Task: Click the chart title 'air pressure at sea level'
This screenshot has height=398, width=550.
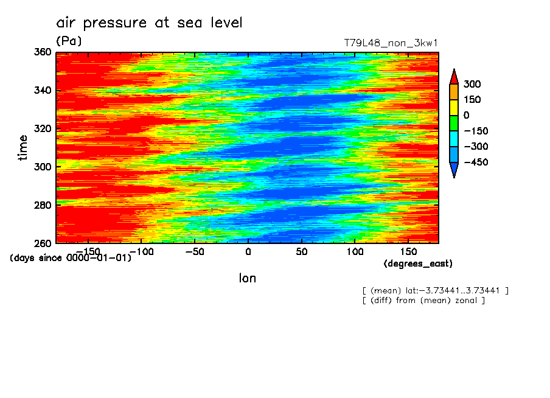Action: tap(149, 23)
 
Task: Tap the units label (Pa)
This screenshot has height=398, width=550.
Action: tap(69, 41)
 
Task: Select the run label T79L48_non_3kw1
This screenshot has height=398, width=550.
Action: tap(391, 43)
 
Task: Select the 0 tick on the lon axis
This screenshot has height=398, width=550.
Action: tap(248, 251)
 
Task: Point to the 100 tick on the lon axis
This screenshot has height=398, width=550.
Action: tap(355, 251)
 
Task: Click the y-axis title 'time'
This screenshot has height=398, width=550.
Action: tap(23, 148)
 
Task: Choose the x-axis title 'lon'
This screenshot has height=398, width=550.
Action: tap(248, 279)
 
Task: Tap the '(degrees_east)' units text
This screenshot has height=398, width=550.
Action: tap(418, 264)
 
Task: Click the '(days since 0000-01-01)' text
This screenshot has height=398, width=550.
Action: tap(71, 257)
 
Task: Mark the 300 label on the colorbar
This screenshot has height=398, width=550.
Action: tap(472, 84)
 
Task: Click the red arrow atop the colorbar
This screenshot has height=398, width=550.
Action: tap(453, 76)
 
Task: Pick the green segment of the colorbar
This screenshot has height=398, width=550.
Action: tap(453, 123)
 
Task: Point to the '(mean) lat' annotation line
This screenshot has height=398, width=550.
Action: tap(435, 290)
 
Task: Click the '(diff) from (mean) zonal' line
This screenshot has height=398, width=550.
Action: tap(423, 300)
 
